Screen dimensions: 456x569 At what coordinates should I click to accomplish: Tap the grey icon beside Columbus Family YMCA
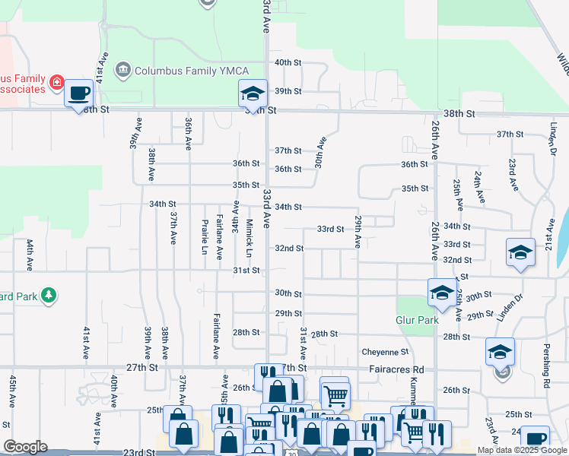point(122,71)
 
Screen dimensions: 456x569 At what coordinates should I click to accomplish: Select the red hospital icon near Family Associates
point(56,81)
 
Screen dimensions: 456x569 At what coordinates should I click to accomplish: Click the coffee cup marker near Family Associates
point(78,93)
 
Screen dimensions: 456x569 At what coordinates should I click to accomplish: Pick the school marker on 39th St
point(253,93)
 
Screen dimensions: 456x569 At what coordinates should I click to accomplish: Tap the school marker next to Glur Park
point(442,293)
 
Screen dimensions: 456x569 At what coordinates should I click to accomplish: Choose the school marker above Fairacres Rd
point(500,352)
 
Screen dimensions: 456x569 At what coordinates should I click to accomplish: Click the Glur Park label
point(418,320)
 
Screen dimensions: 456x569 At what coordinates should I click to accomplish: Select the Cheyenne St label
point(385,352)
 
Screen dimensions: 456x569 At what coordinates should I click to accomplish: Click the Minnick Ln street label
point(250,237)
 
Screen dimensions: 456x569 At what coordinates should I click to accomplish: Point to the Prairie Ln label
point(205,237)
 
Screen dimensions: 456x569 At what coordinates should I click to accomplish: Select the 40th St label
point(288,62)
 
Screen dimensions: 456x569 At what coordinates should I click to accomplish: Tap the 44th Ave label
point(30,256)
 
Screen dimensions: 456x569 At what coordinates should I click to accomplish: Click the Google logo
point(25,447)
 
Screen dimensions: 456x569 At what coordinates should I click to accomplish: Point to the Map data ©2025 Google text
point(522,450)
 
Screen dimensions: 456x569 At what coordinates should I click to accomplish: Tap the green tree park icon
point(48,294)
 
